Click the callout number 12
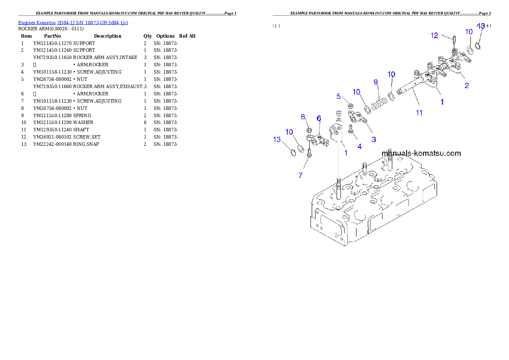[435, 35]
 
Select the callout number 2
[467, 86]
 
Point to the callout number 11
[419, 113]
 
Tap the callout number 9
[376, 82]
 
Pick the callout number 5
[338, 97]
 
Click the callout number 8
[303, 117]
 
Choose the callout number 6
[319, 118]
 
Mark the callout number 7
[300, 175]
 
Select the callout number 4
[359, 146]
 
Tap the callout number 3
[374, 139]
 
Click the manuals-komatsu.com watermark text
[421, 153]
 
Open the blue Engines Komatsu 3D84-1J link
[73, 23]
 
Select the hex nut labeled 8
[309, 130]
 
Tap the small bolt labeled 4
[351, 130]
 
